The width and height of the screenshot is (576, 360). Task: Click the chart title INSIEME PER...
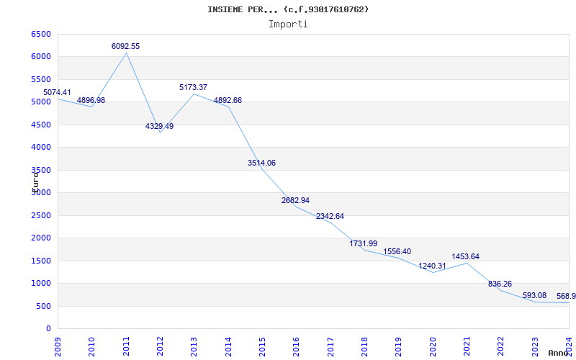point(288,9)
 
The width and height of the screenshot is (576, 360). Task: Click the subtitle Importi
point(288,24)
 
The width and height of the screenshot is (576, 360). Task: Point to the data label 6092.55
point(125,46)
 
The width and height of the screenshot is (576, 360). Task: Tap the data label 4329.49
point(159,126)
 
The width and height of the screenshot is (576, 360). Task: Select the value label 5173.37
point(193,87)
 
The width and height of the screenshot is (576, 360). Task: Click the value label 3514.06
point(261,163)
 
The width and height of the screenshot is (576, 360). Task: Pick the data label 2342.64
point(330,216)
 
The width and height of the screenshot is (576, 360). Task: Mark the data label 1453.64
point(465,256)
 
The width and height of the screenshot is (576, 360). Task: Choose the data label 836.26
point(500,284)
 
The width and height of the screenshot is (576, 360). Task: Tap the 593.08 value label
point(534,295)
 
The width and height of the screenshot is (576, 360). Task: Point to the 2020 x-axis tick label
point(433,344)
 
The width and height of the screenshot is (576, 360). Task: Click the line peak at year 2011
point(126,53)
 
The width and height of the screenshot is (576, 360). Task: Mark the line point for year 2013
point(194,94)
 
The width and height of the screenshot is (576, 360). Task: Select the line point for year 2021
point(467,263)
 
